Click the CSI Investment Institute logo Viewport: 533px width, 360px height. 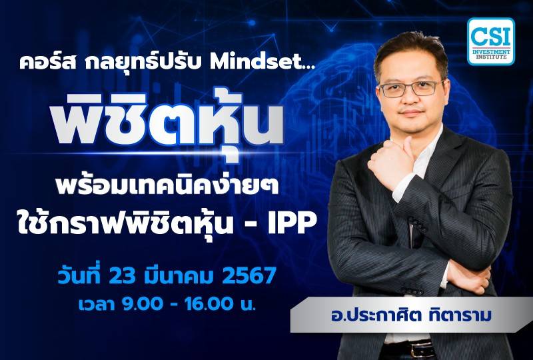pyautogui.click(x=491, y=41)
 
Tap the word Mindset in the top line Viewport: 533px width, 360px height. pyautogui.click(x=244, y=63)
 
